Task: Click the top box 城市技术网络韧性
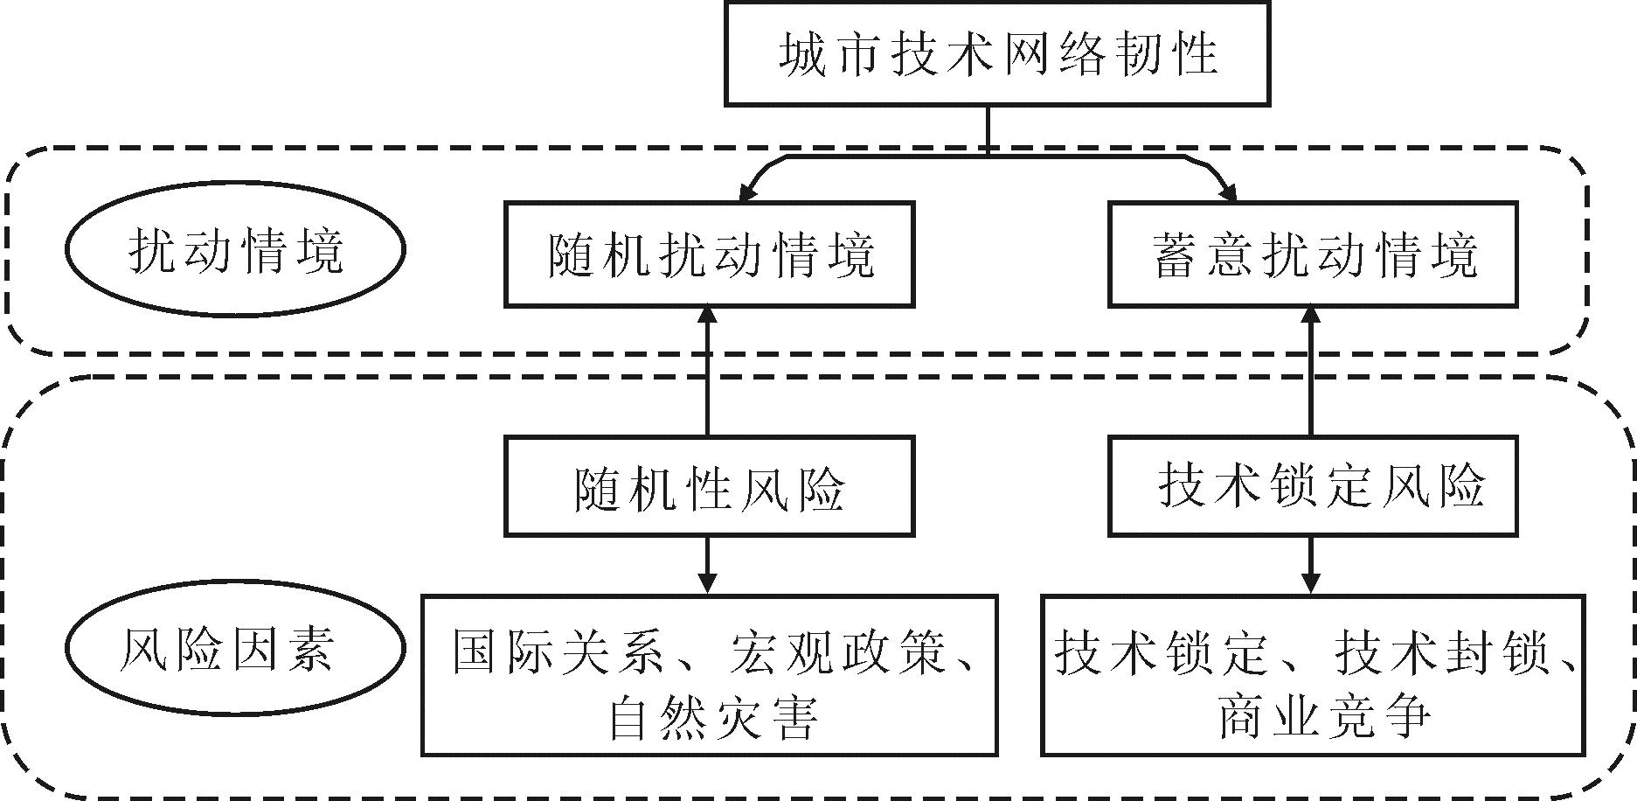click(996, 54)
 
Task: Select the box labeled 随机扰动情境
click(709, 254)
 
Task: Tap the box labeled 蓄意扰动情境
click(1313, 254)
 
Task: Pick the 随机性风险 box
click(709, 486)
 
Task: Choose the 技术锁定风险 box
click(1313, 486)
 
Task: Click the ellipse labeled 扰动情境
click(235, 250)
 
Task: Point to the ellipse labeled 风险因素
click(235, 649)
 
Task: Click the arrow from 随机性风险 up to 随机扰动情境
click(707, 372)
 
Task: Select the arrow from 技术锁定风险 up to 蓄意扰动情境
click(1310, 372)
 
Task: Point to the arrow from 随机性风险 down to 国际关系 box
click(707, 566)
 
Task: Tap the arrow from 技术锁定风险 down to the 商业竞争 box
click(1310, 566)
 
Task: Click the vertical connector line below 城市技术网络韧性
click(988, 129)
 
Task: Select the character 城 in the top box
click(802, 54)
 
